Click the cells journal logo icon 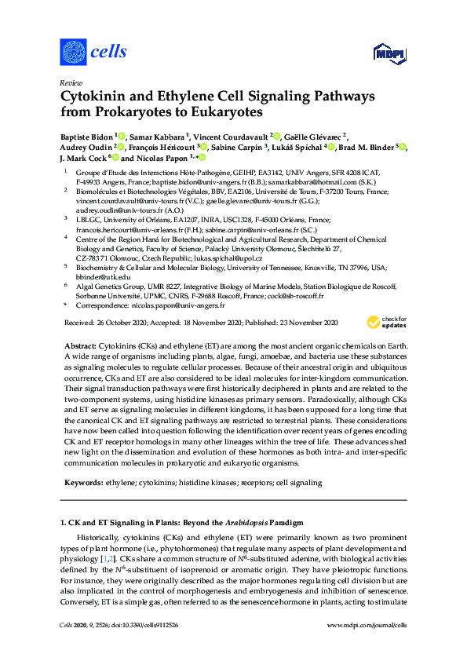pyautogui.click(x=73, y=52)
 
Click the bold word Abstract pyautogui.click(x=79, y=345)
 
